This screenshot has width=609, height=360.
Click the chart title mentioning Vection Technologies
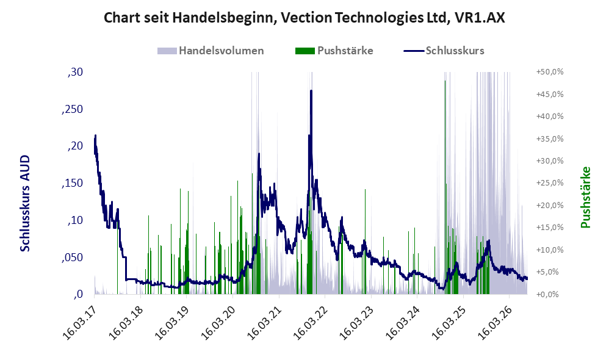click(304, 18)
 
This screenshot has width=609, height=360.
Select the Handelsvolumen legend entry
click(211, 51)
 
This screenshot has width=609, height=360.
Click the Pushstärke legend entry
click(334, 51)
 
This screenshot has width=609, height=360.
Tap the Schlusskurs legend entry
click(444, 51)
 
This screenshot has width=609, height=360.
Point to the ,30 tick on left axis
click(75, 72)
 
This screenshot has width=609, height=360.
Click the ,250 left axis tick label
click(72, 109)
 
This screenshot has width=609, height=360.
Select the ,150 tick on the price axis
click(72, 183)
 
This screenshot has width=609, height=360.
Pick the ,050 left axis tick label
click(72, 257)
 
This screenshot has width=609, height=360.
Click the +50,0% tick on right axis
click(550, 72)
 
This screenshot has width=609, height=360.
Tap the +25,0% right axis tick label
click(550, 183)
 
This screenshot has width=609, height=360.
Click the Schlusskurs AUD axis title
click(25, 203)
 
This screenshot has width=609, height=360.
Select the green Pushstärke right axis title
click(585, 197)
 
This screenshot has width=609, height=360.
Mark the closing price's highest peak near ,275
click(311, 91)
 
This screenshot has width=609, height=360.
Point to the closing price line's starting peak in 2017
click(95, 135)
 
